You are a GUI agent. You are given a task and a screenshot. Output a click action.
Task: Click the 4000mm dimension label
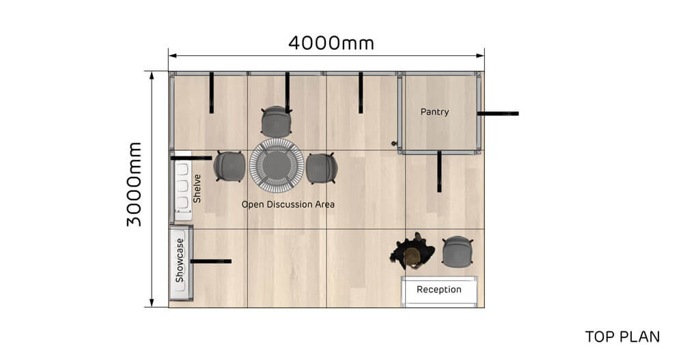[331, 43]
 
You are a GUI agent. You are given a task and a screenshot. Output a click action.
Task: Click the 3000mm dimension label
[134, 184]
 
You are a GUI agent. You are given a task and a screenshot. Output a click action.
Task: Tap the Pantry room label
[434, 111]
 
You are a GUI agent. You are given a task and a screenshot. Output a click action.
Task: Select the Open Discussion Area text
[288, 204]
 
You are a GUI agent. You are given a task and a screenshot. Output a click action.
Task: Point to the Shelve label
[197, 189]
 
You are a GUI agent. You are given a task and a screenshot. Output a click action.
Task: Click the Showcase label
[180, 260]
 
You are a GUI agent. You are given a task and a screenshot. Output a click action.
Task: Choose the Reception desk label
[439, 290]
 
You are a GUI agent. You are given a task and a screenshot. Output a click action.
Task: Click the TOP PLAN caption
[622, 337]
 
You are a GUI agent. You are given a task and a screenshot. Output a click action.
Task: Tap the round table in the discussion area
[277, 166]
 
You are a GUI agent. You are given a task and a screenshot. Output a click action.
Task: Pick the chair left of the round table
[229, 166]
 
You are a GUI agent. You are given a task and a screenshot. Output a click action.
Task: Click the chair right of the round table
[321, 168]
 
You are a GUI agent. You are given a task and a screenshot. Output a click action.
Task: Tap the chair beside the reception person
[457, 251]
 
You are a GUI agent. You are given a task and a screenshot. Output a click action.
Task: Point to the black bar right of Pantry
[498, 113]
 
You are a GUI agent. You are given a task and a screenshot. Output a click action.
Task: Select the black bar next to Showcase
[210, 261]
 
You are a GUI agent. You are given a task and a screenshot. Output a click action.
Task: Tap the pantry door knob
[393, 143]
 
